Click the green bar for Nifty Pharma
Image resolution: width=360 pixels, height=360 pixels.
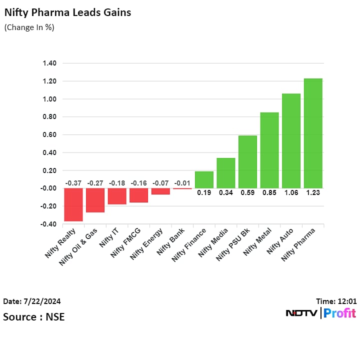[x=313, y=133]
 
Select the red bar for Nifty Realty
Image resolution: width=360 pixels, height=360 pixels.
[x=73, y=204]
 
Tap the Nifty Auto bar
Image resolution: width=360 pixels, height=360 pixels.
[x=291, y=140]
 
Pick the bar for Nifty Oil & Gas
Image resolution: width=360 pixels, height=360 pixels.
[x=95, y=200]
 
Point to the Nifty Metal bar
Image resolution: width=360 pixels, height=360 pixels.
[x=269, y=150]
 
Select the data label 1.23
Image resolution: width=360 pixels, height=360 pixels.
[x=313, y=192]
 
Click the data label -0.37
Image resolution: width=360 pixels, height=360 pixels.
[x=73, y=183]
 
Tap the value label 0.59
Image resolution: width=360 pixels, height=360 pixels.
[x=247, y=192]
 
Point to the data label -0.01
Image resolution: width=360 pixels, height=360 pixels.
[x=182, y=183]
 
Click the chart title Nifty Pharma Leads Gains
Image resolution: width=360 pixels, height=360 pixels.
[x=67, y=12]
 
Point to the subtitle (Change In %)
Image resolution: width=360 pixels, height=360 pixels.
[x=29, y=27]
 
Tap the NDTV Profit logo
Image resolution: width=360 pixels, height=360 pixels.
[x=320, y=313]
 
